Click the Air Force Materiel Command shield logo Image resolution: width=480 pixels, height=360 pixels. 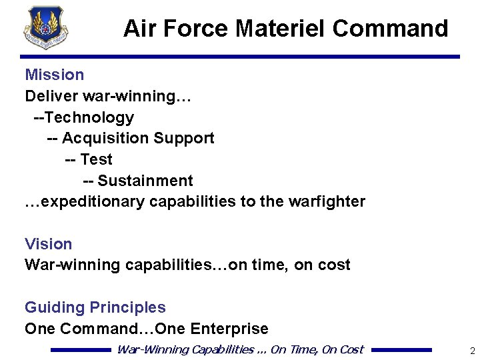pyautogui.click(x=45, y=27)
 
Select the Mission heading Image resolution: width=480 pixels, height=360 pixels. pyautogui.click(x=55, y=75)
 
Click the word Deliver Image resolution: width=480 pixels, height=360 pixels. pyautogui.click(x=49, y=96)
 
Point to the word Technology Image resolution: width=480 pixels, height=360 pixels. pyautogui.click(x=90, y=117)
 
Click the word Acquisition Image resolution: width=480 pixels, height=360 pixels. pyautogui.click(x=105, y=138)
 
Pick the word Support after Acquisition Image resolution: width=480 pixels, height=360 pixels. pyautogui.click(x=184, y=138)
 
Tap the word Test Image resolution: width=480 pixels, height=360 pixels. pyautogui.click(x=96, y=159)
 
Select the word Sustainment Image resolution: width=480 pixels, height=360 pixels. pyautogui.click(x=145, y=181)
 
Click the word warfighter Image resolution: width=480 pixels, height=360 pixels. pyautogui.click(x=327, y=201)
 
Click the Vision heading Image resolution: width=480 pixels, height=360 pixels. pyautogui.click(x=49, y=244)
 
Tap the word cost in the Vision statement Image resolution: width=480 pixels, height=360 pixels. pyautogui.click(x=334, y=265)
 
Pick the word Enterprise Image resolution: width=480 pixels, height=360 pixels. pyautogui.click(x=229, y=329)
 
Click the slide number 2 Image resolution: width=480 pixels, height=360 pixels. pyautogui.click(x=472, y=351)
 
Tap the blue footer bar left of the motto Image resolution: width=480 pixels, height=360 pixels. pyautogui.click(x=81, y=349)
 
